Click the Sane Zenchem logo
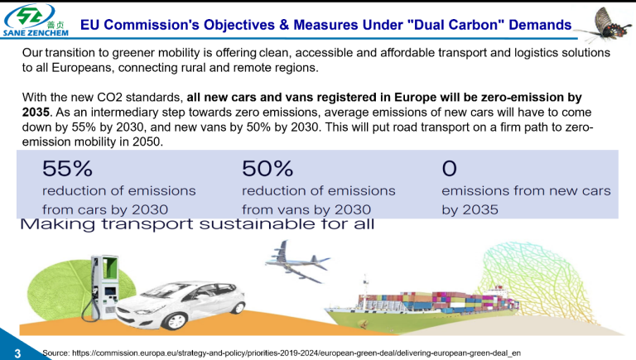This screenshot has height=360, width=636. pos(39,23)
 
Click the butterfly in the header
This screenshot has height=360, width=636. pos(603,25)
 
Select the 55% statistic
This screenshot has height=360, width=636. pos(67,169)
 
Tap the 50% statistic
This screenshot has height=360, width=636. pos(267,169)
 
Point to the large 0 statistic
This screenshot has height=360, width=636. pos(449,169)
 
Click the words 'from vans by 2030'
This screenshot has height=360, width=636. pos(306,209)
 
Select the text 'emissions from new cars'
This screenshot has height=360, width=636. pos(526,190)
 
